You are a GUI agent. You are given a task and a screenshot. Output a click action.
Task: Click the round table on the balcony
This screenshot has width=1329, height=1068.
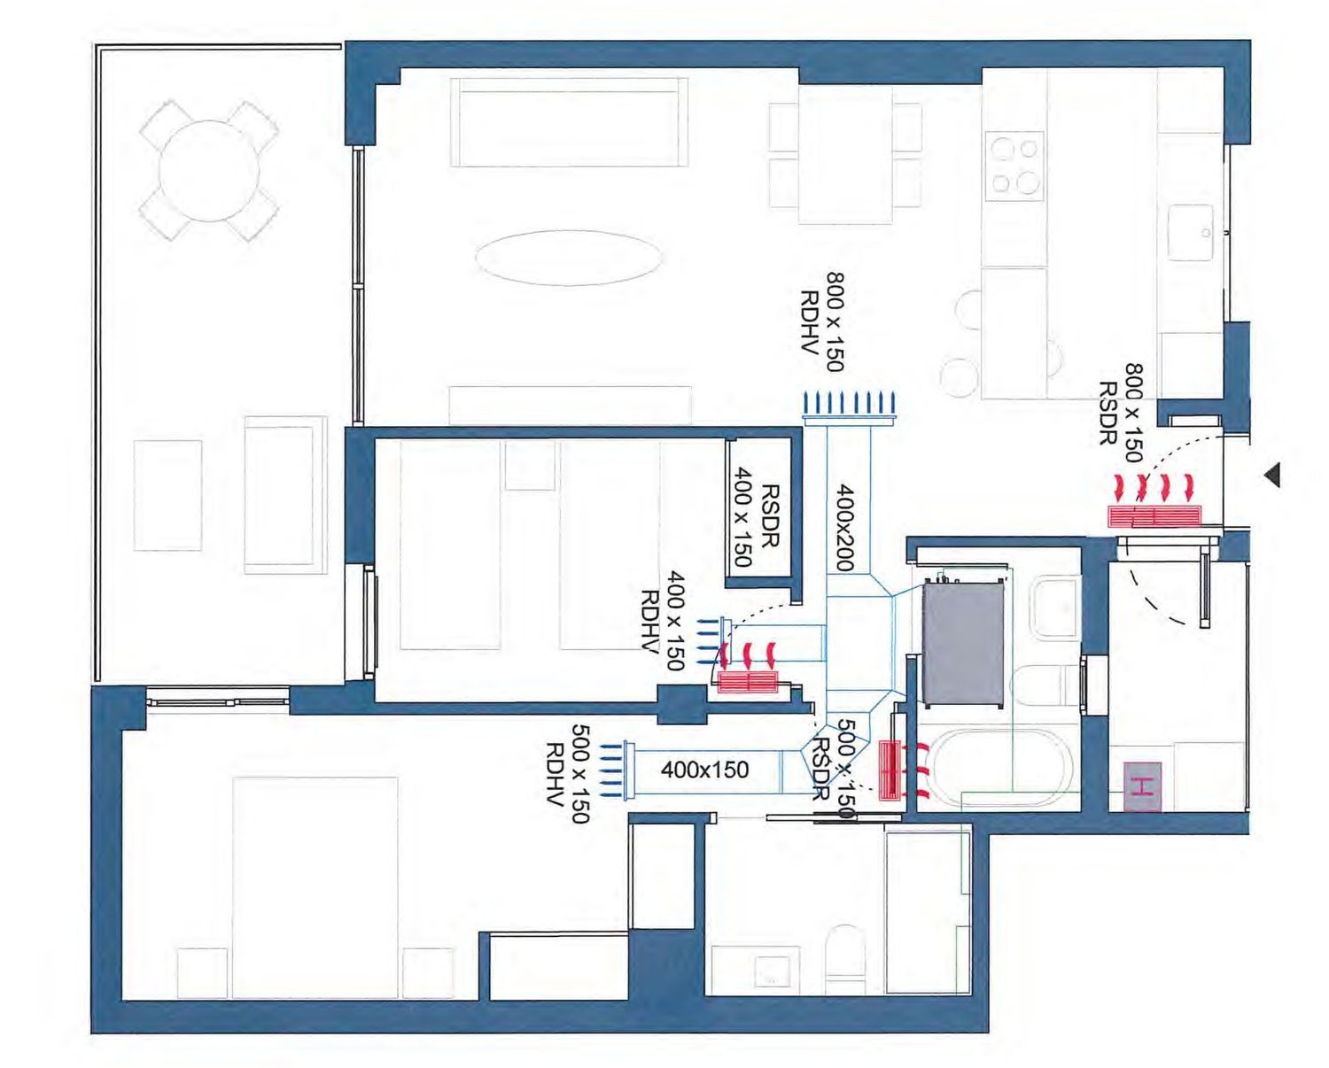click(x=209, y=171)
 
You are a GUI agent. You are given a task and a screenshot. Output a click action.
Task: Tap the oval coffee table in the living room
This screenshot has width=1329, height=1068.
click(x=569, y=258)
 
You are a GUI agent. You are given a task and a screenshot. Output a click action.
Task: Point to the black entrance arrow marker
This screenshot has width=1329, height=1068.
click(x=1271, y=475)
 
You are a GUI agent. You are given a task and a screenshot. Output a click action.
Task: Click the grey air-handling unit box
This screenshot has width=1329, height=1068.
click(x=964, y=643)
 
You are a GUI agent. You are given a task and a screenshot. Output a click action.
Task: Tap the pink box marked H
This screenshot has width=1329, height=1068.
click(x=1142, y=786)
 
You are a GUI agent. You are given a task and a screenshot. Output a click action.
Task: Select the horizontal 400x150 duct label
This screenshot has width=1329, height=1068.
click(x=704, y=770)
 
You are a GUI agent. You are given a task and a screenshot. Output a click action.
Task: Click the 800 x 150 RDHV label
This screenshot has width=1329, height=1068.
click(x=822, y=321)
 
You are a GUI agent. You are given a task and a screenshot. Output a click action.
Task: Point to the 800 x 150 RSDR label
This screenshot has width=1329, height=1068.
click(x=1122, y=413)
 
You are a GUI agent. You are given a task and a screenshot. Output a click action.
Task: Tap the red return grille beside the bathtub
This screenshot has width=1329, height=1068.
click(x=890, y=770)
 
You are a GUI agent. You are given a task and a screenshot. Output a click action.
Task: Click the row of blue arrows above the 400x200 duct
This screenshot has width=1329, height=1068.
click(x=850, y=403)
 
